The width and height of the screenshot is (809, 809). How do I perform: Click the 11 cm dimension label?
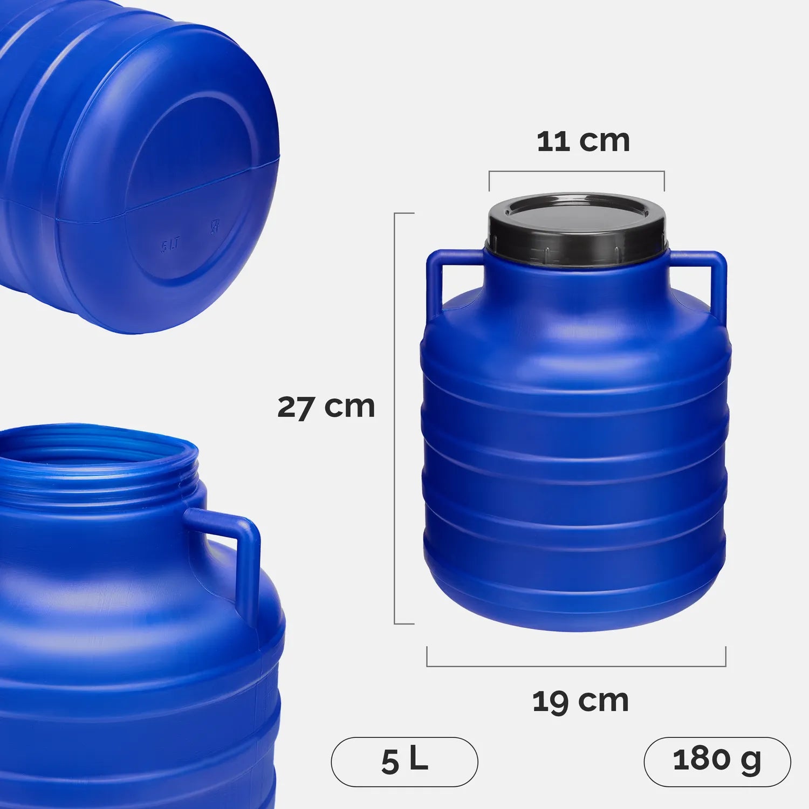584,141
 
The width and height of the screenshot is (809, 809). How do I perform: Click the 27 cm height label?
326,407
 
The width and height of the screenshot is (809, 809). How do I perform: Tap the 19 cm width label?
580,701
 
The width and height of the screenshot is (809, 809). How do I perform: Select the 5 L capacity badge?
404,761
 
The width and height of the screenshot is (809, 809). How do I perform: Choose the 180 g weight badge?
717,761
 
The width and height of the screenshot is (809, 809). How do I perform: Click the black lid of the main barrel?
577,224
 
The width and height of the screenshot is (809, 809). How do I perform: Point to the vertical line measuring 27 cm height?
395,418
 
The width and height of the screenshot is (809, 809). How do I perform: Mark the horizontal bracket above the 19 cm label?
576,666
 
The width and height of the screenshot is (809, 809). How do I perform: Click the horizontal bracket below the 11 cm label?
577,172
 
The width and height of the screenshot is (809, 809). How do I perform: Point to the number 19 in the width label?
550,701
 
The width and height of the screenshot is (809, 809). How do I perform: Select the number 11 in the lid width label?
553,141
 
